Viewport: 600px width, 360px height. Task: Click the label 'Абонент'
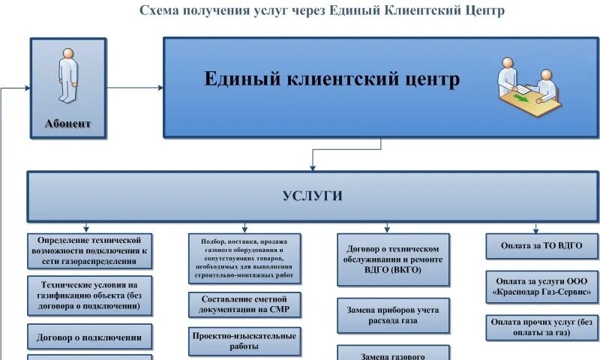click(67, 124)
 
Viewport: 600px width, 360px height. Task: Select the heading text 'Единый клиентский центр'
click(332, 79)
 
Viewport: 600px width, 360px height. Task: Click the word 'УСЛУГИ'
click(313, 196)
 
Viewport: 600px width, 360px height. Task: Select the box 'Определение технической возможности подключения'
click(90, 250)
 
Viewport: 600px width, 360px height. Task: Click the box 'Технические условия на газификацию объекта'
click(90, 295)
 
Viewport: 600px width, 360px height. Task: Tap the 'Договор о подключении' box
click(90, 337)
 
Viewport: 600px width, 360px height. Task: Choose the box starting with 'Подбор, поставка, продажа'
click(244, 259)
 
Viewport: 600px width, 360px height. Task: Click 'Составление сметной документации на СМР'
click(244, 304)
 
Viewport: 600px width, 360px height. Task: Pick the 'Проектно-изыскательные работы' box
click(244, 341)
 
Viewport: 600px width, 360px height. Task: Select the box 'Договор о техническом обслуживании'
click(393, 259)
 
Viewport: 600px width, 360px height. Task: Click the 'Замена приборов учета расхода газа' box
click(393, 315)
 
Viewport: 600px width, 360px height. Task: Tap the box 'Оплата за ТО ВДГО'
click(542, 245)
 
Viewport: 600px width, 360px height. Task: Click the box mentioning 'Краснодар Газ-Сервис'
click(542, 285)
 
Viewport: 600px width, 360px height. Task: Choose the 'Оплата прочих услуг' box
click(542, 327)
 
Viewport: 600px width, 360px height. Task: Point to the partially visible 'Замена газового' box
click(393, 353)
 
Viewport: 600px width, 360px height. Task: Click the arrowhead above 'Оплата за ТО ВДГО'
click(535, 230)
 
